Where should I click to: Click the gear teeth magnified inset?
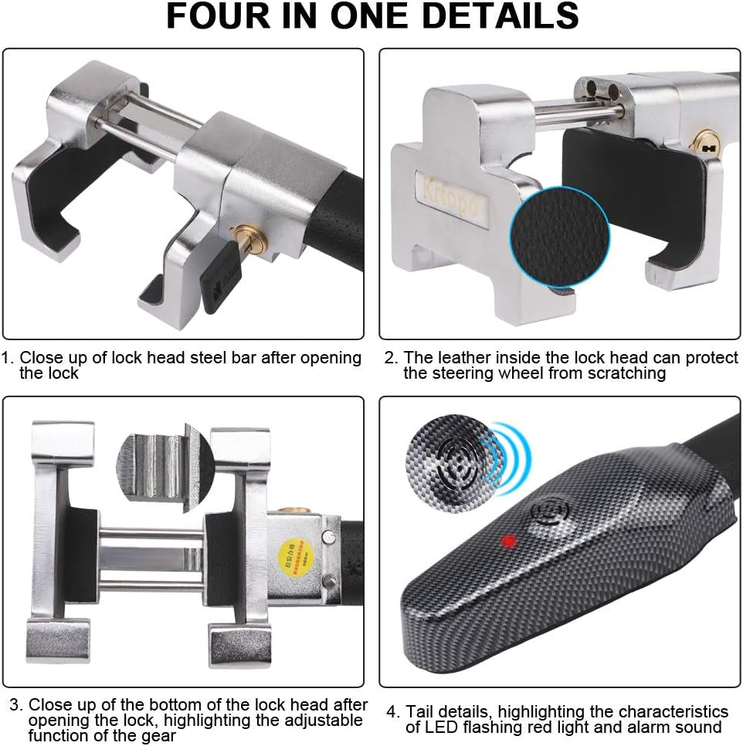tap(160, 464)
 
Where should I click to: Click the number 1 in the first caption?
tap(7, 358)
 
